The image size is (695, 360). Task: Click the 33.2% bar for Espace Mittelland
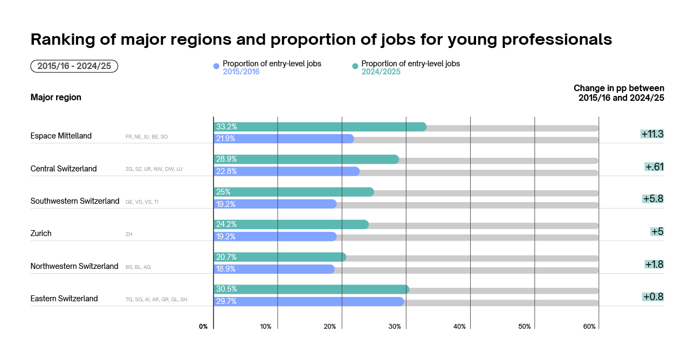point(320,127)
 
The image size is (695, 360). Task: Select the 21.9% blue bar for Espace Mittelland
point(284,139)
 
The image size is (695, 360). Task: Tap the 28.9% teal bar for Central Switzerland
point(306,160)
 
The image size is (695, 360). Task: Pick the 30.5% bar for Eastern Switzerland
point(311,289)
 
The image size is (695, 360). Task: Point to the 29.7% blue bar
point(308,302)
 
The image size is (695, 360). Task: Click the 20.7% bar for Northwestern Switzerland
point(280,257)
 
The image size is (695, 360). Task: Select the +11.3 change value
point(652,134)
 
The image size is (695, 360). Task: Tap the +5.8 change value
point(652,199)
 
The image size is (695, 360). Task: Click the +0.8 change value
point(652,296)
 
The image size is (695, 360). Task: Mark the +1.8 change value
point(653,264)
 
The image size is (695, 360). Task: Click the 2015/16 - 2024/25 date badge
point(74,66)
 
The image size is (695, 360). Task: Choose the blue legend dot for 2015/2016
point(216,66)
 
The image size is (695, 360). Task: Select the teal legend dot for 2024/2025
point(355,66)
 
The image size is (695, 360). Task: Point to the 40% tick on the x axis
point(459,327)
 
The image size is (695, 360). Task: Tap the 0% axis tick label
point(203,327)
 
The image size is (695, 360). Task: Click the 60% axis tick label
point(589,327)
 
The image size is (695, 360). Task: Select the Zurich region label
point(41,233)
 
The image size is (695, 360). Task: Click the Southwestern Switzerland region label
point(75,201)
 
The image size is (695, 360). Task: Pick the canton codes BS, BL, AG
point(138,267)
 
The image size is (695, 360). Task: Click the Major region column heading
point(56,98)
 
